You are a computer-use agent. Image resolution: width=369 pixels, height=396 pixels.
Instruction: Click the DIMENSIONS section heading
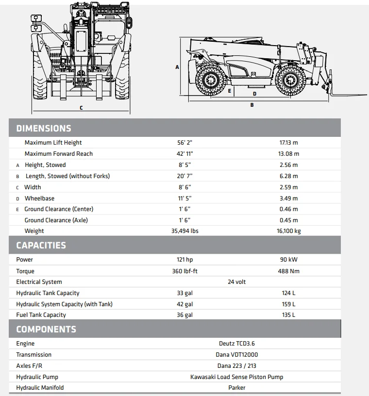(x=44, y=129)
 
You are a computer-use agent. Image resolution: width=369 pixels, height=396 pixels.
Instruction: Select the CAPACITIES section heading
(x=41, y=245)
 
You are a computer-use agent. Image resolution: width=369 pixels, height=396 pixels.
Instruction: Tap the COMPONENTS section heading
(x=46, y=329)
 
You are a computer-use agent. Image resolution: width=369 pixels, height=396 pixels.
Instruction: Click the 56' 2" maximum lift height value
(x=184, y=143)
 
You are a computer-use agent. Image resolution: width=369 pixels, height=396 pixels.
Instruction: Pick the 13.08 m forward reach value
(x=289, y=154)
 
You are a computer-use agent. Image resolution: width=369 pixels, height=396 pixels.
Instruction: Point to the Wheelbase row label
(x=39, y=198)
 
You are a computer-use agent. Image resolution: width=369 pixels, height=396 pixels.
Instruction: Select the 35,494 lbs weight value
(x=184, y=231)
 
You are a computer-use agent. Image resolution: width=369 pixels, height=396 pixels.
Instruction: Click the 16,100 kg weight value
(x=289, y=231)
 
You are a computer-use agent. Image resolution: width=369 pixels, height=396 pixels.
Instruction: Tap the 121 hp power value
(x=184, y=260)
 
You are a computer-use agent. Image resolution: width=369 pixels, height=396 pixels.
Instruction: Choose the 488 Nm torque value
(x=289, y=271)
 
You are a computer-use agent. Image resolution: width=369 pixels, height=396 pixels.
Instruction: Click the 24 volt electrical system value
(x=237, y=282)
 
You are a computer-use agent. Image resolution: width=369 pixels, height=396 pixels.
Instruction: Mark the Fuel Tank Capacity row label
(x=41, y=315)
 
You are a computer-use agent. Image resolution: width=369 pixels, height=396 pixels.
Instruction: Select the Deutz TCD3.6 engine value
(x=237, y=344)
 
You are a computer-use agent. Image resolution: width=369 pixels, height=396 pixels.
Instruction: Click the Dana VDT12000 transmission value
(x=237, y=355)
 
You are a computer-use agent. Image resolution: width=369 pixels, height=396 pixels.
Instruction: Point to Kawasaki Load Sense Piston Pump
(x=237, y=377)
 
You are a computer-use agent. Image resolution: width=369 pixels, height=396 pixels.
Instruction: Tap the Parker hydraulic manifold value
(x=237, y=388)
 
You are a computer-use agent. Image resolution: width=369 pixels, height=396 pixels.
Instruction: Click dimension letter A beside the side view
(x=177, y=67)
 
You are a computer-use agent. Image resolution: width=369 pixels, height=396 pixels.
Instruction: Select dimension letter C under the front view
(x=81, y=108)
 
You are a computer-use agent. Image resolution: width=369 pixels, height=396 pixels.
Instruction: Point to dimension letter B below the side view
(x=252, y=105)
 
